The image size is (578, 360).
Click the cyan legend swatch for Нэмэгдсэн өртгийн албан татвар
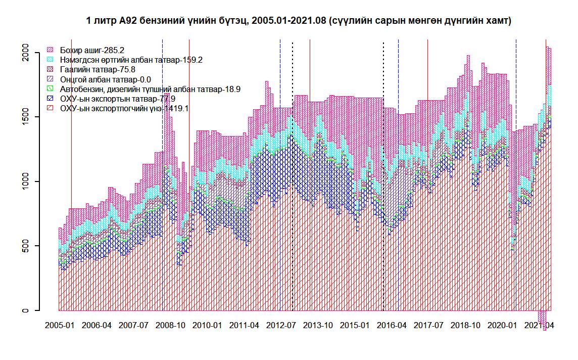pyautogui.click(x=50, y=60)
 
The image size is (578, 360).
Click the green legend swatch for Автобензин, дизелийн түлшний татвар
pyautogui.click(x=50, y=89)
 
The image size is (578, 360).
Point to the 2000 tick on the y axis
pyautogui.click(x=25, y=53)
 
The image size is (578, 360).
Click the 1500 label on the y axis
pyautogui.click(x=25, y=117)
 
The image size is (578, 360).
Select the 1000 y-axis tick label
pyautogui.click(x=25, y=182)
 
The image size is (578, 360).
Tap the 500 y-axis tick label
pyautogui.click(x=25, y=246)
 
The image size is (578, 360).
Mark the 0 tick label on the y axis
pyautogui.click(x=25, y=310)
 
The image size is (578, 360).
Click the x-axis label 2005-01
pyautogui.click(x=59, y=325)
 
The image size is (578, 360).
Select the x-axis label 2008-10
pyautogui.click(x=170, y=325)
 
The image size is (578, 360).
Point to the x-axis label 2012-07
pyautogui.click(x=281, y=325)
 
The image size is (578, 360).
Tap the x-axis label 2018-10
pyautogui.click(x=466, y=325)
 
